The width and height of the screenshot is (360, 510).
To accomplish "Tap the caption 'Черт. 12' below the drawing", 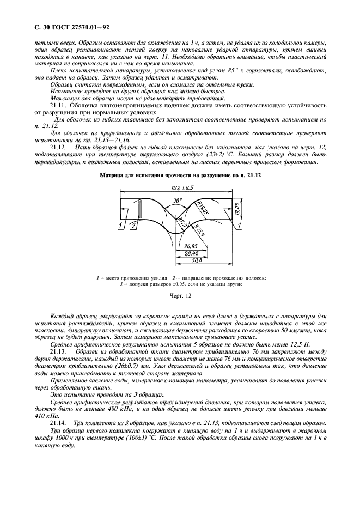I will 180,296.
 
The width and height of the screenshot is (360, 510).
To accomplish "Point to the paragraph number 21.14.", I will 58,422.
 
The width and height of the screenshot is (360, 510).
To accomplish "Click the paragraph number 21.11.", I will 58,104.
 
